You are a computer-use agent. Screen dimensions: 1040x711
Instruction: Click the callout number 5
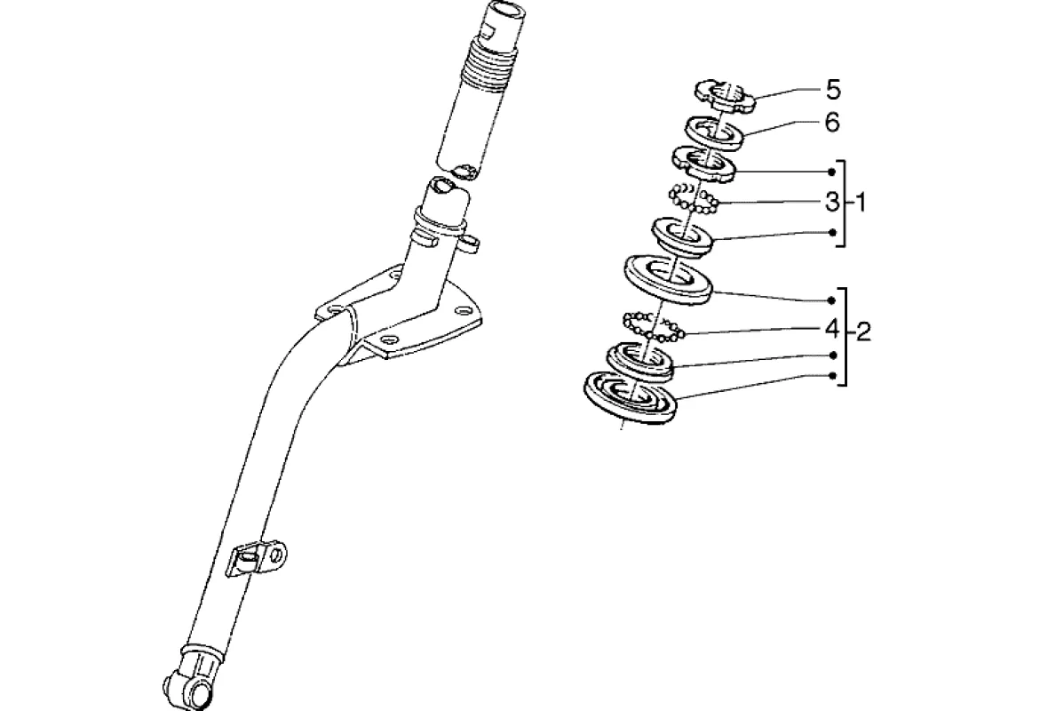(x=832, y=89)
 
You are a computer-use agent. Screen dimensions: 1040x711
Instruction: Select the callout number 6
(x=832, y=123)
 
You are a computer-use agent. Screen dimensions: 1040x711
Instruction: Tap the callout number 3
(x=831, y=203)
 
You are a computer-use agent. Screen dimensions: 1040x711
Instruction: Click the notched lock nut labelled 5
(x=724, y=95)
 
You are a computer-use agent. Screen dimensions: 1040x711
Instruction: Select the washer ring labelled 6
(x=715, y=131)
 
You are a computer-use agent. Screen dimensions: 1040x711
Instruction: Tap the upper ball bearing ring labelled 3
(x=694, y=198)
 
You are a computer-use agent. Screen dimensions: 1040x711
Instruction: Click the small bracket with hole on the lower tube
(x=261, y=557)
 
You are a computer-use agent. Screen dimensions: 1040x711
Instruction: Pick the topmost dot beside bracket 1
(x=832, y=171)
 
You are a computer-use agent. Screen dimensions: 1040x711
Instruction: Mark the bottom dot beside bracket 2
(x=832, y=376)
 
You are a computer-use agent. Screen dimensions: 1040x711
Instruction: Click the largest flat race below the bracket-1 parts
(x=669, y=279)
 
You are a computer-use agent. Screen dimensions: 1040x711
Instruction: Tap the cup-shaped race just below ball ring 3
(x=683, y=236)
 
